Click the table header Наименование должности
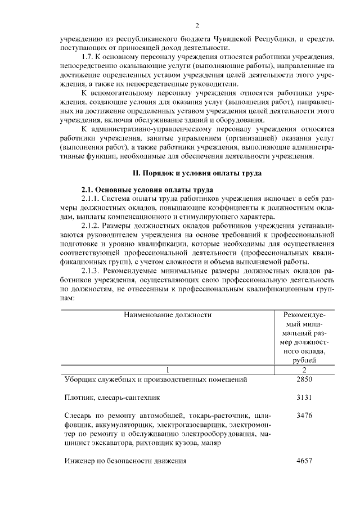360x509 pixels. [168, 316]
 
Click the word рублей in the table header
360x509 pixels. [304, 361]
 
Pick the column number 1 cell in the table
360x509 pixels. [168, 370]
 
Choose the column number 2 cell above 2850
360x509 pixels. [304, 370]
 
